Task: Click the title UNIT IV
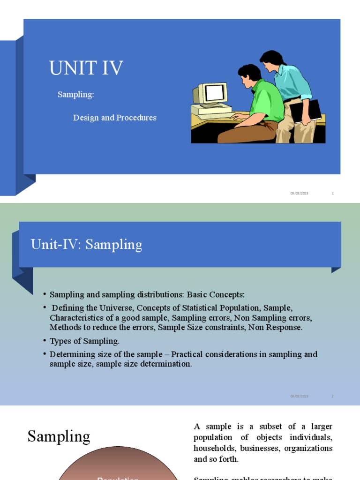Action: (x=86, y=68)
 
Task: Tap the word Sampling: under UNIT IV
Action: (x=75, y=95)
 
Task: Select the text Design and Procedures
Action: (x=114, y=118)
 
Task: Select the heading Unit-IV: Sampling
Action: (x=86, y=244)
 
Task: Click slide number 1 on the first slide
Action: (x=332, y=193)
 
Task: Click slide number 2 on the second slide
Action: (x=332, y=396)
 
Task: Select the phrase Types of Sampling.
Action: (x=84, y=341)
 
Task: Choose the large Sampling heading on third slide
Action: (x=59, y=436)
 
